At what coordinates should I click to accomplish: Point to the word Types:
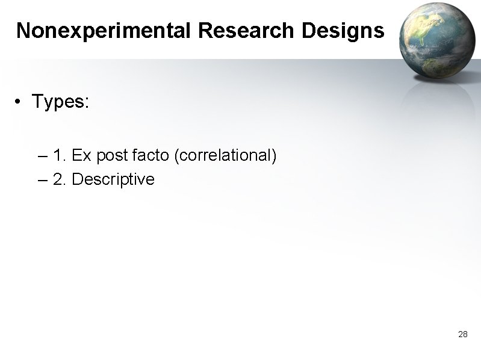(61, 102)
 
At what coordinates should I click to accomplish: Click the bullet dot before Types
(20, 102)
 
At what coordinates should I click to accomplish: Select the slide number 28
(463, 334)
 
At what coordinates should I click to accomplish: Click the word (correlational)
(225, 157)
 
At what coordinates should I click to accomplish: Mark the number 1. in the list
(59, 156)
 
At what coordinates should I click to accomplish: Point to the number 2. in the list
(59, 179)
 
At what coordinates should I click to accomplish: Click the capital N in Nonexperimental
(23, 31)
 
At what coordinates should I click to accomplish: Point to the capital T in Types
(37, 102)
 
